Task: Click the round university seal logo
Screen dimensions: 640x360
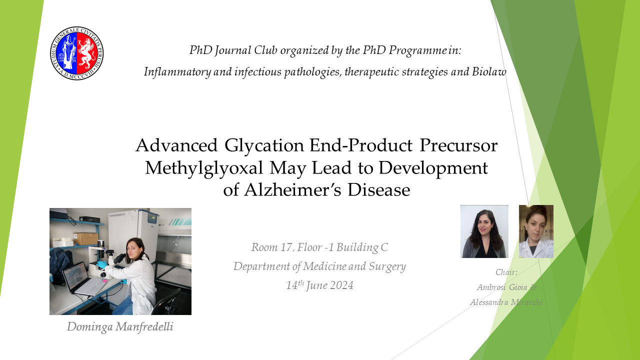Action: coord(77,53)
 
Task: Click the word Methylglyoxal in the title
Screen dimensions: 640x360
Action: coord(204,168)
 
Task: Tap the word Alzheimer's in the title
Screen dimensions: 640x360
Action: coord(292,189)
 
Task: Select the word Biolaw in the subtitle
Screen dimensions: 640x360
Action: coord(489,71)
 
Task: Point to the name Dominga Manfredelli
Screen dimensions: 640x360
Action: coord(120,327)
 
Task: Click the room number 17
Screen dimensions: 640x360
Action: coord(286,247)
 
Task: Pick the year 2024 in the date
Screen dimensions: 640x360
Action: coord(341,285)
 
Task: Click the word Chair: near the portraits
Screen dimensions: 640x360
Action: coord(506,272)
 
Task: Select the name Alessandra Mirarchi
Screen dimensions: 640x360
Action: coord(506,302)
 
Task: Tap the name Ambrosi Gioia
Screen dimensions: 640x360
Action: coord(502,287)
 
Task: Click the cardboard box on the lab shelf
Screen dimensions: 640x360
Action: coord(85,238)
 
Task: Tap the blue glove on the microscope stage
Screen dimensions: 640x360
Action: coord(101,264)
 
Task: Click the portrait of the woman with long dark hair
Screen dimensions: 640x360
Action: coord(484,231)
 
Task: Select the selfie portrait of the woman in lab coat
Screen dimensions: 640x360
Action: coord(536,231)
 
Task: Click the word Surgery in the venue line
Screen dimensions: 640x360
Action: coord(387,266)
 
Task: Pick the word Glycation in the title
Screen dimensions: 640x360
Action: coord(264,145)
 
